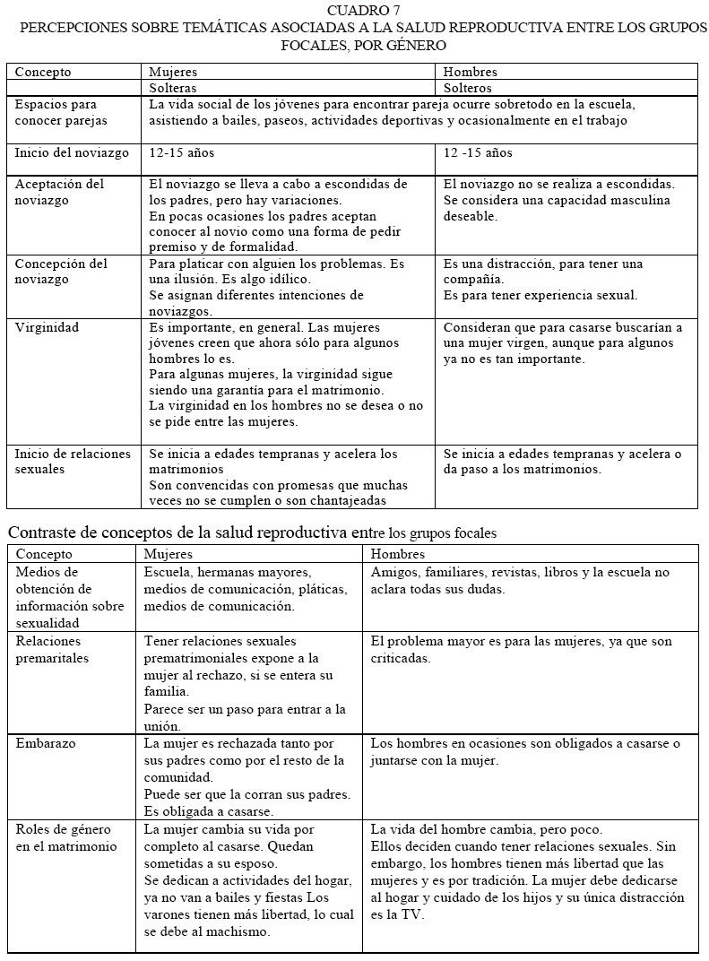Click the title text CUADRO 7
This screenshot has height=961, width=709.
click(364, 10)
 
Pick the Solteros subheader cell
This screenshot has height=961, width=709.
click(468, 88)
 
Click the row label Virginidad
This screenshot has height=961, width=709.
click(47, 327)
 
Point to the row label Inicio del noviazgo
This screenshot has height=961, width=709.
click(72, 153)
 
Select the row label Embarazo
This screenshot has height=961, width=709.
click(46, 743)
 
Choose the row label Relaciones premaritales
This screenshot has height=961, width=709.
click(53, 649)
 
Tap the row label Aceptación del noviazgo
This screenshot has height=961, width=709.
click(59, 192)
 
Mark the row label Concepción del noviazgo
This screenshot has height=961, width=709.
click(61, 272)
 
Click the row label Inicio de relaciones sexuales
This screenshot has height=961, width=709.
click(72, 462)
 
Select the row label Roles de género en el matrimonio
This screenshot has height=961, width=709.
click(66, 837)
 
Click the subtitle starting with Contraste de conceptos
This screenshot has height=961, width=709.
click(252, 532)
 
